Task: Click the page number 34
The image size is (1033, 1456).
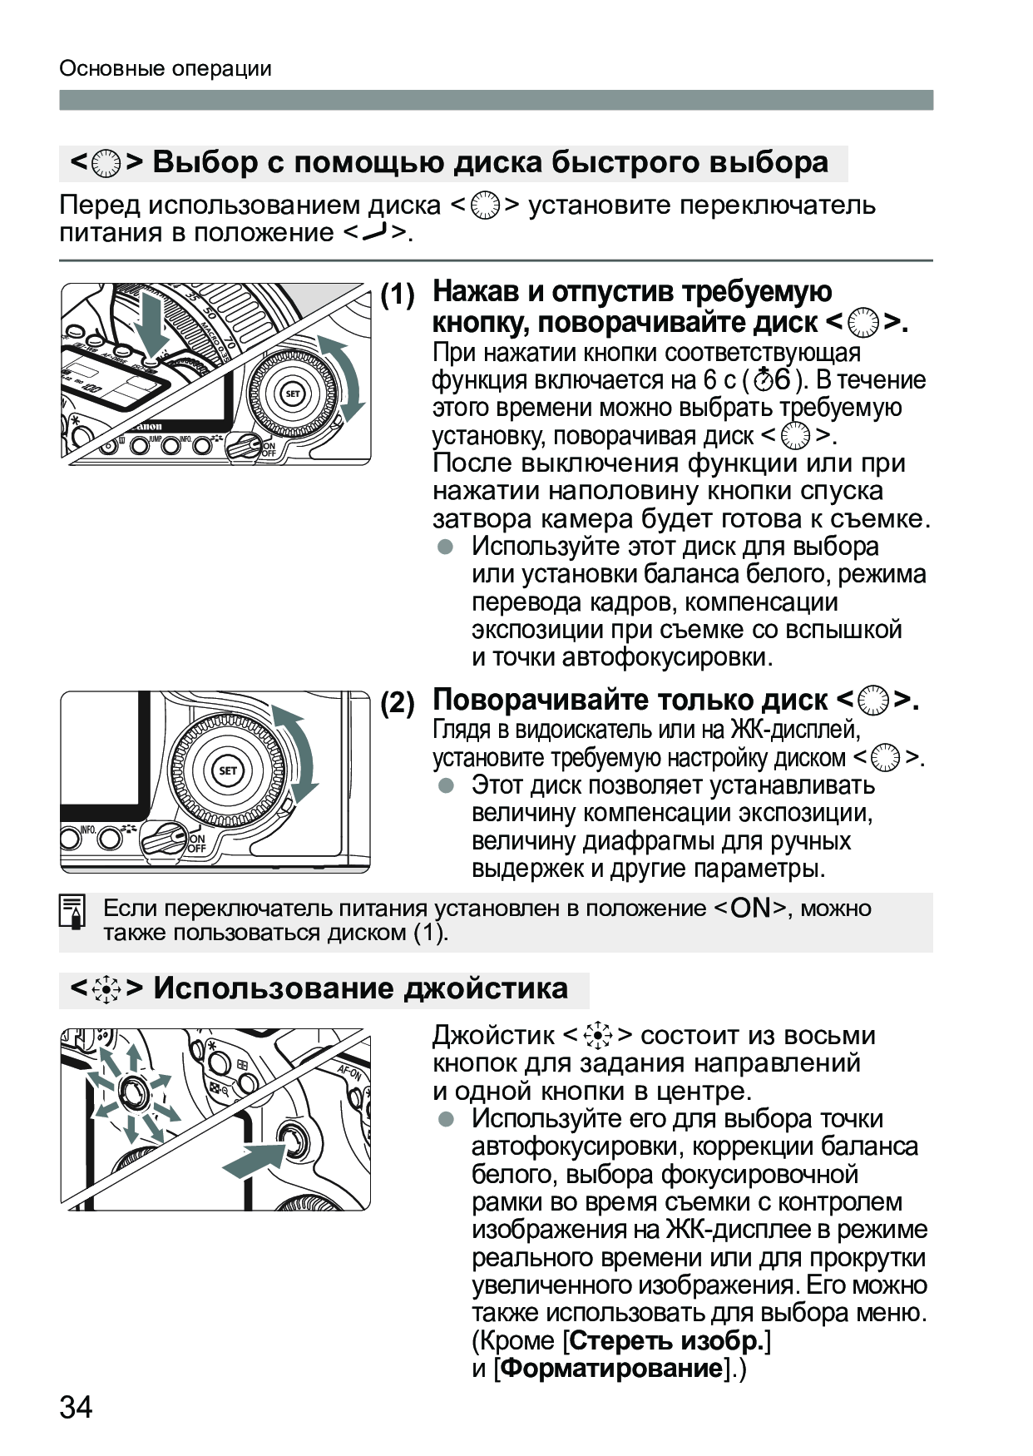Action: (76, 1407)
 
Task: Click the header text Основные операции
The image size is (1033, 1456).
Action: (166, 68)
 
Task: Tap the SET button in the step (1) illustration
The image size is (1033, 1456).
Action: (293, 394)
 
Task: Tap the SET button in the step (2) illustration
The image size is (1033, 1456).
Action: (228, 770)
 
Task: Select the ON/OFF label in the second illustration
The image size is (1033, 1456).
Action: (196, 844)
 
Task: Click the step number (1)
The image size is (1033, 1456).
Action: (398, 295)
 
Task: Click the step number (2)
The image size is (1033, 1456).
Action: (398, 704)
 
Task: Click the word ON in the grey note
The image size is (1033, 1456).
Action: (751, 908)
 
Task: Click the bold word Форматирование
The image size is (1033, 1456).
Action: (612, 1368)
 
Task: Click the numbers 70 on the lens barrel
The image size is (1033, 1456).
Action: (230, 339)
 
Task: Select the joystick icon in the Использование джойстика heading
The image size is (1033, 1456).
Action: (106, 989)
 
